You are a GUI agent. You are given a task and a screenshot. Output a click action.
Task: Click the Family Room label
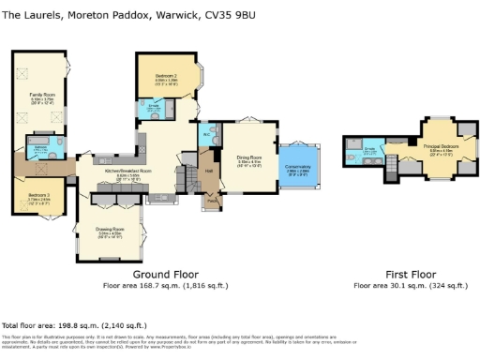(x=40, y=95)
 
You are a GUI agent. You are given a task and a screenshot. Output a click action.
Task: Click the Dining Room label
(x=249, y=158)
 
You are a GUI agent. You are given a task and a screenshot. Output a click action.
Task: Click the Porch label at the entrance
(x=213, y=200)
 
